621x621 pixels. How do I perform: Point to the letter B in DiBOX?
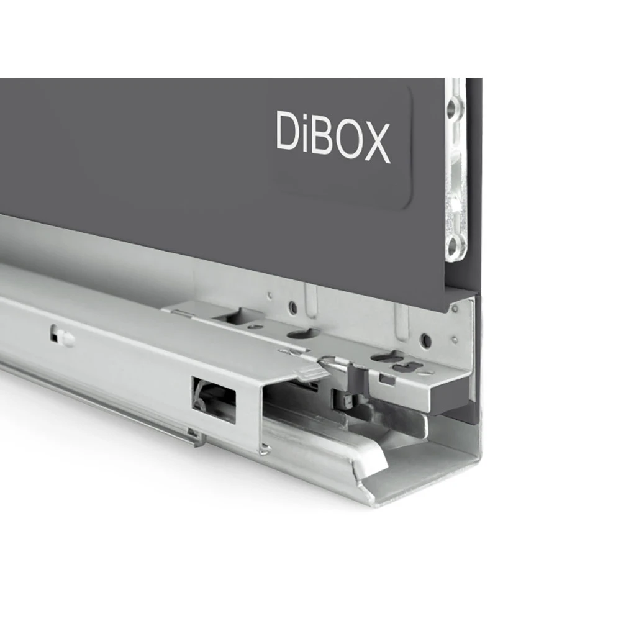click(317, 134)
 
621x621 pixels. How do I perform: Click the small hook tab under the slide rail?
click(197, 438)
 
